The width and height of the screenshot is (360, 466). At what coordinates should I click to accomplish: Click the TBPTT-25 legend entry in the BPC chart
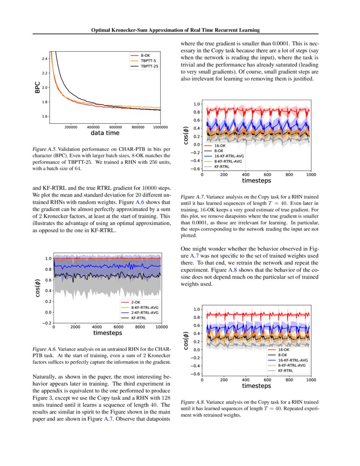pyautogui.click(x=150, y=66)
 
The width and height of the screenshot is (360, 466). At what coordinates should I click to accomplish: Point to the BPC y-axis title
pyautogui.click(x=38, y=88)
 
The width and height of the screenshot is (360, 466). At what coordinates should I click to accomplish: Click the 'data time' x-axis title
pyautogui.click(x=105, y=133)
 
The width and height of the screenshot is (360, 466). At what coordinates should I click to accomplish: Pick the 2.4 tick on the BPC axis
pyautogui.click(x=44, y=58)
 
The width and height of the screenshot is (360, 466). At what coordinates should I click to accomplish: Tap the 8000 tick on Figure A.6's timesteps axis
pyautogui.click(x=140, y=327)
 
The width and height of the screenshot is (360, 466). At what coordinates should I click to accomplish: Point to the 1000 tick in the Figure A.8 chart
pyautogui.click(x=311, y=380)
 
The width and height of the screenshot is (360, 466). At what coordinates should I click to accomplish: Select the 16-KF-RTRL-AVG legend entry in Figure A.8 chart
pyautogui.click(x=292, y=360)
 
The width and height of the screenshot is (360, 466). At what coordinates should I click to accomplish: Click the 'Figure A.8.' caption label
pyautogui.click(x=192, y=402)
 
